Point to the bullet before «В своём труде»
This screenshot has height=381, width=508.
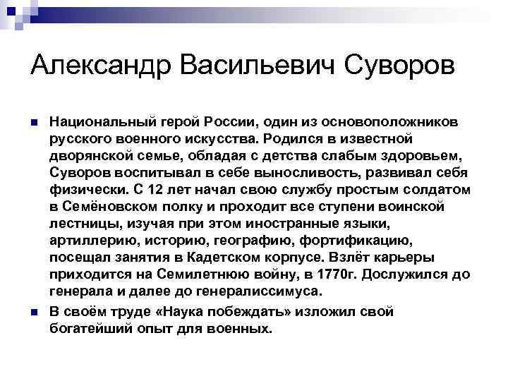click(x=35, y=312)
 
